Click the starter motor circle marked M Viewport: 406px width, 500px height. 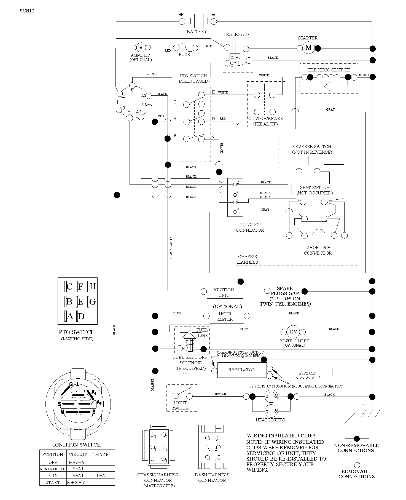tap(308, 48)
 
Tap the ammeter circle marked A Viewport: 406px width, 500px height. tap(141, 47)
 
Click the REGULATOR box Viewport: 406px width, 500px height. tap(242, 370)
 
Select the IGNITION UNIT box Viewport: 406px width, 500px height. tap(225, 292)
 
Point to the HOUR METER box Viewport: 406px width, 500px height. tap(227, 316)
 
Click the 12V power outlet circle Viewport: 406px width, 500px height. tap(293, 332)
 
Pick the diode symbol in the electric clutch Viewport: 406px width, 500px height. tap(327, 87)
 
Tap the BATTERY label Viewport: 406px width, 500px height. tap(197, 32)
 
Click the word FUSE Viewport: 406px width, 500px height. tap(184, 55)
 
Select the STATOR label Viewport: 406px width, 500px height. tap(307, 373)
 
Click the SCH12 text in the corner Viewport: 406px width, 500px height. tap(27, 11)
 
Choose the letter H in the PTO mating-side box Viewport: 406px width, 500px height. tap(93, 287)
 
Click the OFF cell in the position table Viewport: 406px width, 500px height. tap(53, 462)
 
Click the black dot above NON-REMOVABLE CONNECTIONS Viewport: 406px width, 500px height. tap(357, 439)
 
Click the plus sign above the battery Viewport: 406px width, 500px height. tap(181, 15)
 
